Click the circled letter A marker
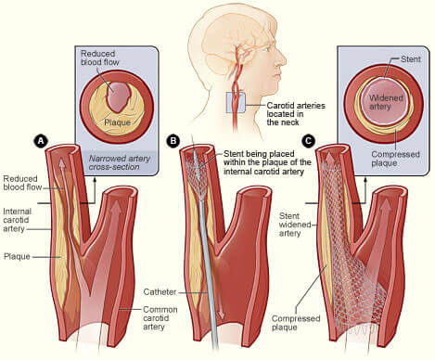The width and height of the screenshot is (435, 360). pyautogui.click(x=40, y=140)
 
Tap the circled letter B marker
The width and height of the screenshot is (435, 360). pyautogui.click(x=172, y=140)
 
